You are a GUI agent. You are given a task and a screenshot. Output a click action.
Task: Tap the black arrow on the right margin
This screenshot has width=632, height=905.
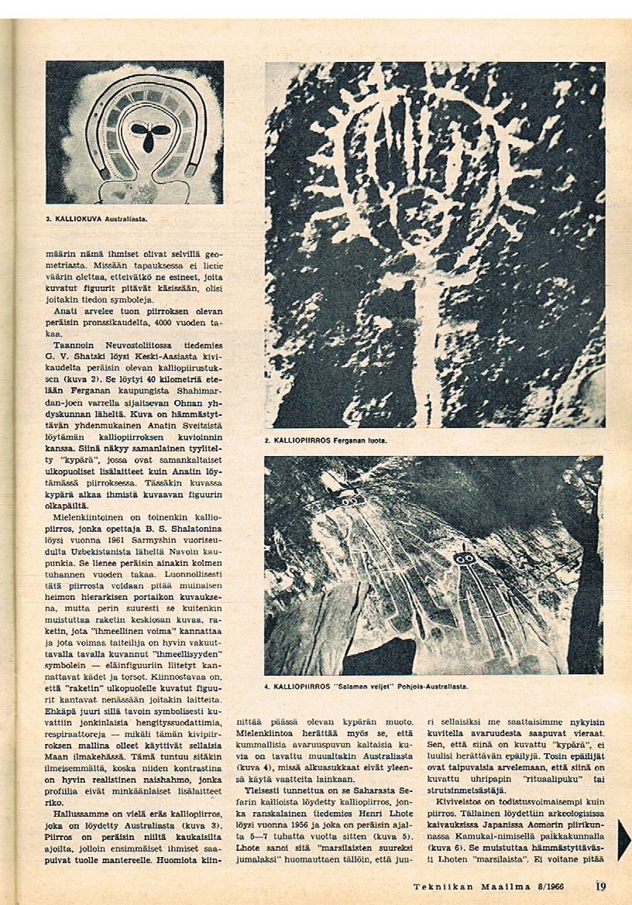pos(623,839)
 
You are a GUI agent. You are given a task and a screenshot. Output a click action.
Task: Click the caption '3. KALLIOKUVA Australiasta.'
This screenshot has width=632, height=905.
pos(97,219)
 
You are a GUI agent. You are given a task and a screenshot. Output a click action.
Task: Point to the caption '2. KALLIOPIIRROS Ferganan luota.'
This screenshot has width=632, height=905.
pos(325,441)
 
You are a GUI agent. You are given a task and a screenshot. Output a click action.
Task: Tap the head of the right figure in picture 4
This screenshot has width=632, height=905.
pos(465,558)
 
